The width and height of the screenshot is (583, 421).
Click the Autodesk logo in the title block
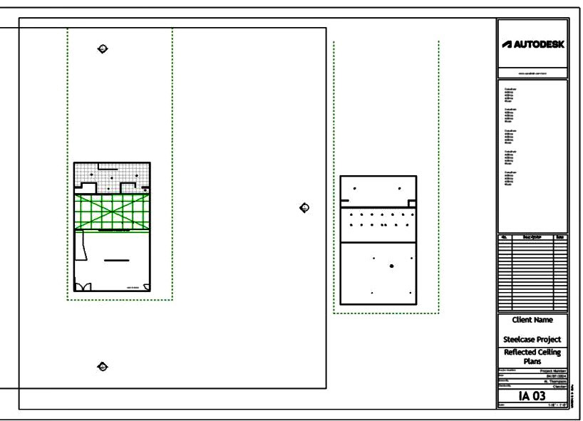pyautogui.click(x=533, y=43)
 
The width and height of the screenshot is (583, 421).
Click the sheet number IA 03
pyautogui.click(x=532, y=395)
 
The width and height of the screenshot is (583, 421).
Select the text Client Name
pyautogui.click(x=532, y=320)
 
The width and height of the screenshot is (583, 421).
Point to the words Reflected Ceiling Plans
pyautogui.click(x=532, y=356)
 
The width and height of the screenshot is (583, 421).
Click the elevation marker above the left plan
pyautogui.click(x=103, y=48)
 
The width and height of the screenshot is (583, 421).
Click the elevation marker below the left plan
pyautogui.click(x=103, y=366)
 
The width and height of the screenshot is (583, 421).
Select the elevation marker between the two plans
pyautogui.click(x=305, y=207)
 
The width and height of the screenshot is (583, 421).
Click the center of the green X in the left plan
pyautogui.click(x=113, y=212)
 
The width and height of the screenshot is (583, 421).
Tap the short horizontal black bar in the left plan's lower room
pyautogui.click(x=117, y=261)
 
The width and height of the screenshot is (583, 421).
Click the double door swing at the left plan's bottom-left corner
pyautogui.click(x=83, y=286)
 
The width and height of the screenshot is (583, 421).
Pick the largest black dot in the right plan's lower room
pyautogui.click(x=391, y=266)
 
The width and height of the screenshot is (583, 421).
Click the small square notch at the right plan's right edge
pyautogui.click(x=412, y=203)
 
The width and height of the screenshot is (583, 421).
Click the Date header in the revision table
pyautogui.click(x=560, y=237)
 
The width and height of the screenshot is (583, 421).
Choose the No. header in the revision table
pyautogui.click(x=505, y=237)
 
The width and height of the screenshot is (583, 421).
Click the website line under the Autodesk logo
pyautogui.click(x=532, y=73)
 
